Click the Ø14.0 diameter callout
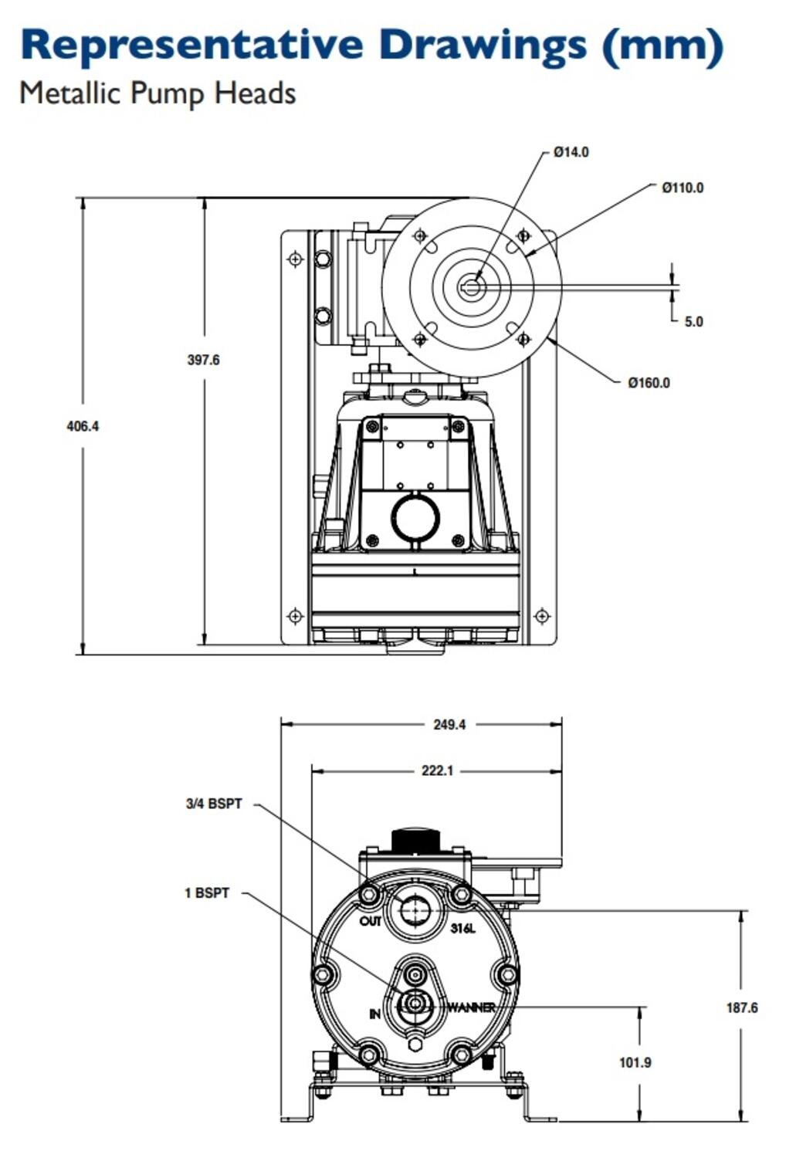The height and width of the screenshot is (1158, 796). (571, 152)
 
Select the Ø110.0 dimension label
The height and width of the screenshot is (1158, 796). (683, 188)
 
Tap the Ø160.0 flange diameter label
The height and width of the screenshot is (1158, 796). (649, 383)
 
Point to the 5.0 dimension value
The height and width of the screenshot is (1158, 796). (693, 322)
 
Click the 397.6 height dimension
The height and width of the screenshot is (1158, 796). (203, 360)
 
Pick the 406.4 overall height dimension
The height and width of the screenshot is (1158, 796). (83, 426)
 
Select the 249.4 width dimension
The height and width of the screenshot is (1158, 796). (449, 725)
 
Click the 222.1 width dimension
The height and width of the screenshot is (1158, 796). (437, 770)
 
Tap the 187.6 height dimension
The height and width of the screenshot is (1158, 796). (741, 1007)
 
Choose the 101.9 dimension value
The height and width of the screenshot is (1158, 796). (635, 1062)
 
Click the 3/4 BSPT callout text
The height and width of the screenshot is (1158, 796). (214, 804)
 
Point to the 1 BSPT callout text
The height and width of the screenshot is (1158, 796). (207, 893)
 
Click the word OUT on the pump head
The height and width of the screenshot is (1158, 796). (371, 922)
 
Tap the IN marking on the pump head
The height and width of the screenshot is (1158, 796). (374, 1014)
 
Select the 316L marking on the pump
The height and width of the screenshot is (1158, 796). (463, 928)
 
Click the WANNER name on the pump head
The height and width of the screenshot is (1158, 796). (471, 1007)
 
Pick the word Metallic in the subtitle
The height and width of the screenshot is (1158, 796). (70, 93)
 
